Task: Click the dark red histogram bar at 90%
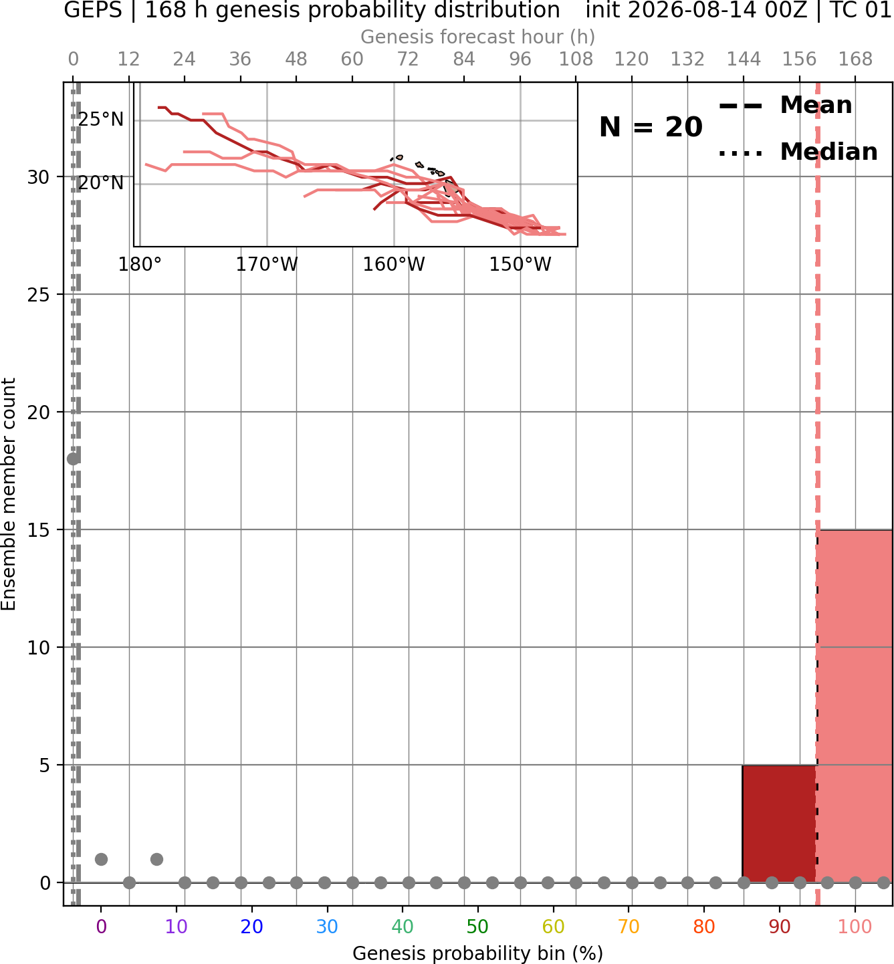[x=780, y=824]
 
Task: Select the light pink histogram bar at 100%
[x=855, y=706]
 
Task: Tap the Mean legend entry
[x=785, y=106]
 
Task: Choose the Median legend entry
[x=798, y=152]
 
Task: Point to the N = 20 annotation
[x=651, y=127]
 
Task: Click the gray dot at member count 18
[x=74, y=459]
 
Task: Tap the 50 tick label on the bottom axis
[x=477, y=927]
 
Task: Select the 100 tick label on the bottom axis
[x=855, y=927]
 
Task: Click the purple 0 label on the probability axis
[x=101, y=927]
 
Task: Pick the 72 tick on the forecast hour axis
[x=408, y=59]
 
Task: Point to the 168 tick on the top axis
[x=855, y=59]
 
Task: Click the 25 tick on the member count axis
[x=39, y=295]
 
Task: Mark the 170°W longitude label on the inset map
[x=267, y=265]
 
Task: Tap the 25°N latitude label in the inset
[x=101, y=120]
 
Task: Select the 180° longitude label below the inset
[x=140, y=265]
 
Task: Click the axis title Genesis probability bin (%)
[x=477, y=953]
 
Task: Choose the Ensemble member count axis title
[x=9, y=494]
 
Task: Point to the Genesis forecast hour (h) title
[x=477, y=37]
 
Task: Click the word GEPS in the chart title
[x=93, y=10]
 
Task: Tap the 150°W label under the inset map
[x=520, y=265]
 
